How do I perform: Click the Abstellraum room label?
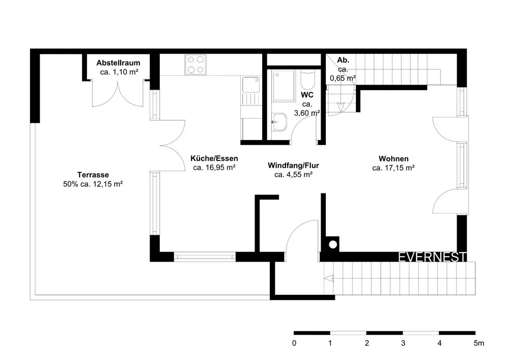click(118, 63)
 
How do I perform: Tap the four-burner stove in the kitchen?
click(195, 65)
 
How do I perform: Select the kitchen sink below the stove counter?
click(251, 85)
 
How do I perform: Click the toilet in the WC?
click(307, 80)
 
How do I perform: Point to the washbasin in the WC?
click(279, 122)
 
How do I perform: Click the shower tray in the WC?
click(284, 86)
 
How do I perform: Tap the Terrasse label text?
click(93, 175)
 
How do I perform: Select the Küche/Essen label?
click(214, 158)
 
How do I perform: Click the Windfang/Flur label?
click(294, 165)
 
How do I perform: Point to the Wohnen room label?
click(393, 159)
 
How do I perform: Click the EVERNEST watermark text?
click(432, 257)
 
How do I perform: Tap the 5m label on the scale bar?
click(479, 343)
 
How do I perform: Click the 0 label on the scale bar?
click(294, 343)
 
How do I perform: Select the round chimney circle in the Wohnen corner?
click(333, 244)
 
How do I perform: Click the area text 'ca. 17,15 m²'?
click(393, 168)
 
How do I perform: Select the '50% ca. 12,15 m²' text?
click(93, 184)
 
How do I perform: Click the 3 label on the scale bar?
click(403, 343)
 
